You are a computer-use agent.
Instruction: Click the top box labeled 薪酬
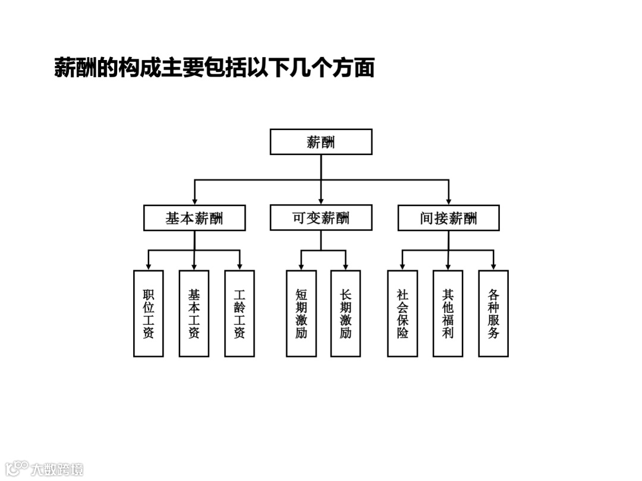tap(321, 142)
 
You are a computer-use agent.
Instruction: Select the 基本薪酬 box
tap(194, 218)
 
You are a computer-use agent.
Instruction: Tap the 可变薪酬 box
tap(321, 218)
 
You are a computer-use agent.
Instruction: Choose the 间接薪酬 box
tap(448, 218)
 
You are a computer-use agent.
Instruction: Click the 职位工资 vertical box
tap(149, 314)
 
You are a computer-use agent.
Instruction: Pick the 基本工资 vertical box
tap(194, 314)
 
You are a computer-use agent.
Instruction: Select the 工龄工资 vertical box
tap(240, 314)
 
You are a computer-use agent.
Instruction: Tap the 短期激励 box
tap(301, 314)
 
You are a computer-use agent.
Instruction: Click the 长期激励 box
tap(345, 314)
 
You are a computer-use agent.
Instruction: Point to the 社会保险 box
tap(402, 314)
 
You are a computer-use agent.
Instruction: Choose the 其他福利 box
tap(448, 314)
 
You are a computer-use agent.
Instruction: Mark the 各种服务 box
tap(493, 314)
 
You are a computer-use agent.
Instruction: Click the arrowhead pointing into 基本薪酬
tap(194, 201)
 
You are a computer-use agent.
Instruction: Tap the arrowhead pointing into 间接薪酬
tap(448, 201)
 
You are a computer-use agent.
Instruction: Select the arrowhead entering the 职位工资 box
tap(149, 266)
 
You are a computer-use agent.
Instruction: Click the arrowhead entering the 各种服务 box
tap(493, 266)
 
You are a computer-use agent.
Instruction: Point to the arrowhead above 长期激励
tap(345, 266)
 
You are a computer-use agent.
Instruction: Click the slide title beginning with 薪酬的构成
tap(215, 68)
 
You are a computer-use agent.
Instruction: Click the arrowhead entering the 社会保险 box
tap(402, 266)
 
